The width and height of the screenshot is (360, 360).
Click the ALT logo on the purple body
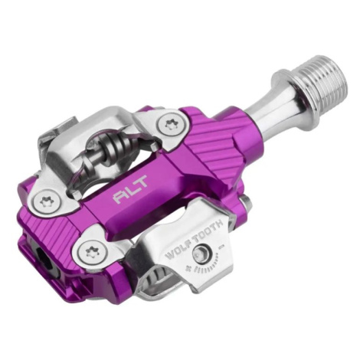tap(131, 188)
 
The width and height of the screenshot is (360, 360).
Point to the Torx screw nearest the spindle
tap(169, 124)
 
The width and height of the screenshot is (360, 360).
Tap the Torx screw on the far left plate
tap(46, 201)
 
